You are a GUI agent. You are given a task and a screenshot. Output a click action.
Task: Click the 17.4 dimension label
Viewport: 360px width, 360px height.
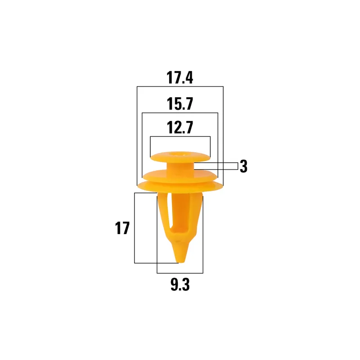tap(180, 77)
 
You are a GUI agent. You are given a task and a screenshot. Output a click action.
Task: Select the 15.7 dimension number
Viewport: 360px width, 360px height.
tap(180, 104)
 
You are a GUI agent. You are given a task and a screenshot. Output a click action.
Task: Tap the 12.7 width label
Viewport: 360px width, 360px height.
tap(180, 127)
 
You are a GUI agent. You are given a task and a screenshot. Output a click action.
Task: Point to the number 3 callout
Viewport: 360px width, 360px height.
tap(243, 166)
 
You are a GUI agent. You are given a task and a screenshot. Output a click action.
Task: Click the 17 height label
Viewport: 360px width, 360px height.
tap(122, 228)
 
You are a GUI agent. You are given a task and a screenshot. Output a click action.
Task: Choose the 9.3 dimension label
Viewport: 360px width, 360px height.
tap(180, 285)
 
